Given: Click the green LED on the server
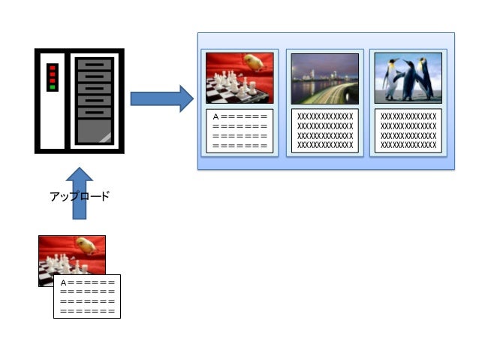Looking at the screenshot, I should [x=53, y=88].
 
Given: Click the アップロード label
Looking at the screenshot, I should [x=79, y=196].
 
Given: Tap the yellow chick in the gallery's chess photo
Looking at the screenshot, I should [x=255, y=62].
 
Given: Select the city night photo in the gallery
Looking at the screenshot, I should [x=324, y=78].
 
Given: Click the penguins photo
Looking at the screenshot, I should [x=408, y=78].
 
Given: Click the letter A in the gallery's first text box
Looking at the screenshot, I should [x=216, y=116].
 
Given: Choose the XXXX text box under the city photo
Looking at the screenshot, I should [x=324, y=130].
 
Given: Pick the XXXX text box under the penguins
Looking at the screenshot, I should [x=408, y=130].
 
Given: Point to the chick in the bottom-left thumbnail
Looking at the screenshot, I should [x=89, y=245].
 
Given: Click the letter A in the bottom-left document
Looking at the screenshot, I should [x=63, y=283].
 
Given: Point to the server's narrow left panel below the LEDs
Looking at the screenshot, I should [x=53, y=120].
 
